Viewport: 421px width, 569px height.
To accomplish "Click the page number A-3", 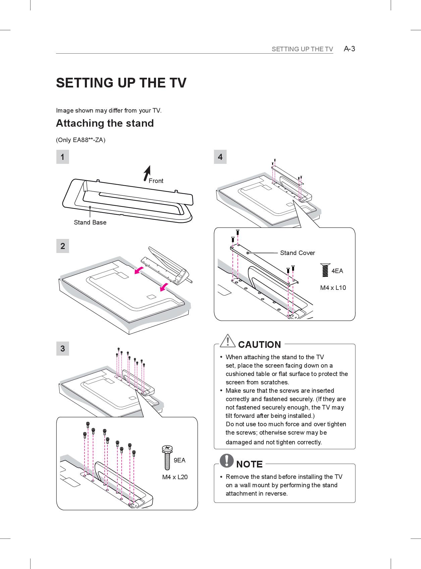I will point(349,49).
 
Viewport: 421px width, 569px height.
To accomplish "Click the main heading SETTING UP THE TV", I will point(121,83).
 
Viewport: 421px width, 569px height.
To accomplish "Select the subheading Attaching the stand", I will point(105,123).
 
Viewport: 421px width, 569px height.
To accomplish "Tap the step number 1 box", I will point(62,157).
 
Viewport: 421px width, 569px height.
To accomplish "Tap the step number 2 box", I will point(62,246).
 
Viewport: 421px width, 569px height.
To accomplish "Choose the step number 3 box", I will point(62,349).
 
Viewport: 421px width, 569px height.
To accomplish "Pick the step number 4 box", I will point(220,157).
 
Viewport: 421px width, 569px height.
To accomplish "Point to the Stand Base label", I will point(90,223).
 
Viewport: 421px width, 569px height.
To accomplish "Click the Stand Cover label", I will point(297,253).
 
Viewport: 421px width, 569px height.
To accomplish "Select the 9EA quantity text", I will point(179,460).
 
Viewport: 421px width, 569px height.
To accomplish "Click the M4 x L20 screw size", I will point(175,477).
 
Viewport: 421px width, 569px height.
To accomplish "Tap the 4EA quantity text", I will point(337,271).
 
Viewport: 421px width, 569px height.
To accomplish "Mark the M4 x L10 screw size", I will point(333,288).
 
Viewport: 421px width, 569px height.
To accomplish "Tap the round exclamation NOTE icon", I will point(227,460).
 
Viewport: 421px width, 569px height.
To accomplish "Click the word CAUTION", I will point(259,345).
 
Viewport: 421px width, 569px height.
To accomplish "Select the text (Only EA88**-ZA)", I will point(81,140).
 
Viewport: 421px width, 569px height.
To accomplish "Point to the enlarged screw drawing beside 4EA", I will point(325,270).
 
